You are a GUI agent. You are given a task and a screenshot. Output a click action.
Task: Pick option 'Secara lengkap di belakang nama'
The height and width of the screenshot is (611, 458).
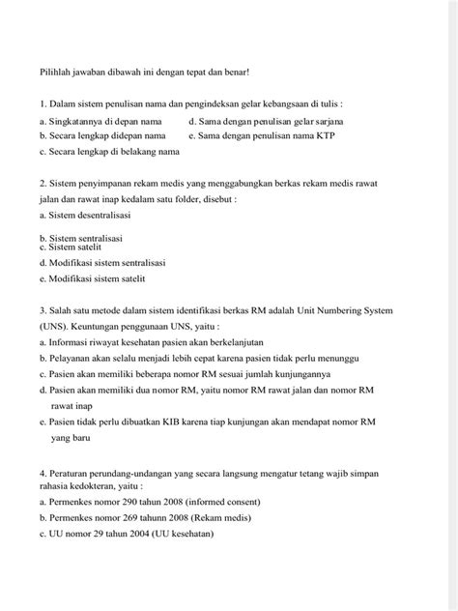click(109, 152)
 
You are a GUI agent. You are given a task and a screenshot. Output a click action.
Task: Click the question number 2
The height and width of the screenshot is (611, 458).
click(43, 182)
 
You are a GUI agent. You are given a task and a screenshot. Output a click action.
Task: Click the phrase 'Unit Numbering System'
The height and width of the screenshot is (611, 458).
click(371, 310)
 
